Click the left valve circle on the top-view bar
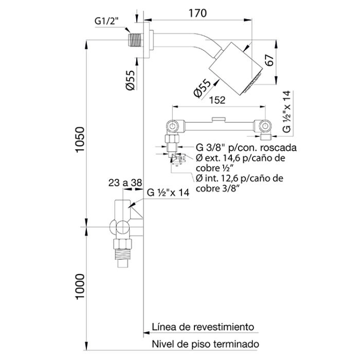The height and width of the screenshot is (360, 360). click(x=173, y=125)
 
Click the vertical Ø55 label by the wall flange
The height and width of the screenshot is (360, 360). click(x=131, y=80)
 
